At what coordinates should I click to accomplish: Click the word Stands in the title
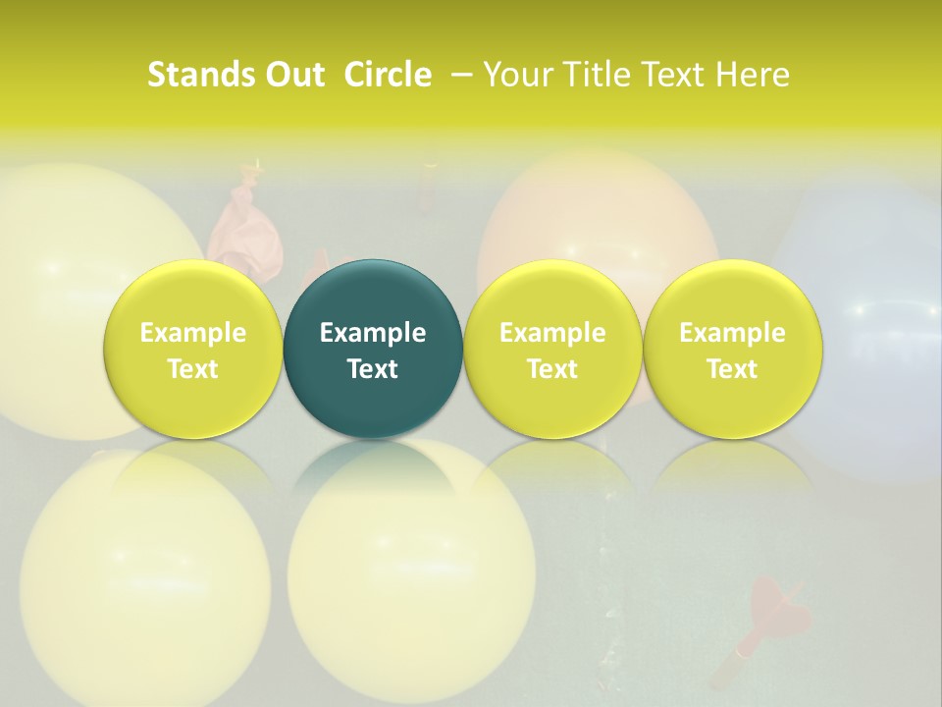click(x=190, y=75)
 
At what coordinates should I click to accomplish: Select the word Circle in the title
click(x=388, y=75)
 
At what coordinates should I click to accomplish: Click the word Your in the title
click(x=515, y=75)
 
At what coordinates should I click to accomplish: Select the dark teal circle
click(x=373, y=349)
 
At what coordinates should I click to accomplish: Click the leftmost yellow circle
click(x=193, y=349)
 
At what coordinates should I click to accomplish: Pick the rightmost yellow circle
click(x=732, y=349)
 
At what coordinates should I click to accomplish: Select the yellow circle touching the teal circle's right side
click(x=552, y=349)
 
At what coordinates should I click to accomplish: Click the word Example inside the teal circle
click(x=373, y=333)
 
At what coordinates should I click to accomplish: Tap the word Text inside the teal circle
click(x=373, y=369)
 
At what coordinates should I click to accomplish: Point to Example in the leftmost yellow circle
click(x=193, y=333)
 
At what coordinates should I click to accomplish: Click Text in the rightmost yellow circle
click(x=732, y=369)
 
